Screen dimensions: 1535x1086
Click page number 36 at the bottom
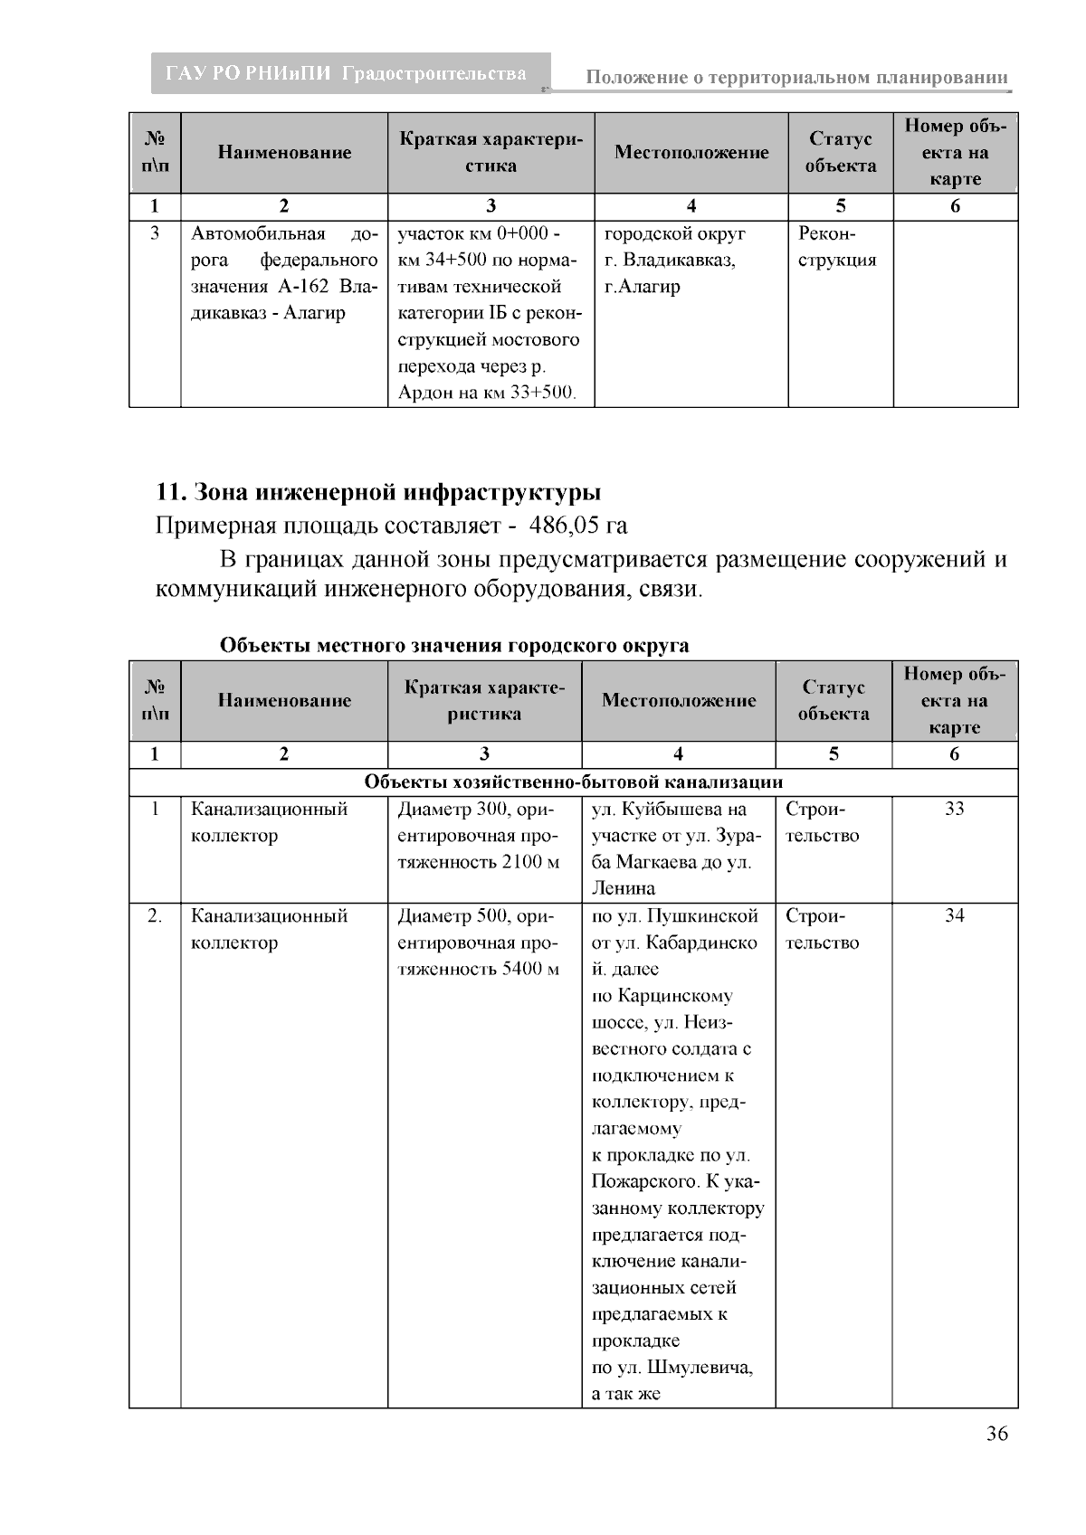996,1434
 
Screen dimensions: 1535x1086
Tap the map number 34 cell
954,915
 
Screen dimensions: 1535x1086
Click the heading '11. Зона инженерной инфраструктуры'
378,492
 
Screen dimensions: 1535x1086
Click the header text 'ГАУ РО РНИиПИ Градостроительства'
346,74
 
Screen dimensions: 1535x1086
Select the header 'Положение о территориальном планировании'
795,78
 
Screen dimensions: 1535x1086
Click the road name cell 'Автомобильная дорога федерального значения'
283,273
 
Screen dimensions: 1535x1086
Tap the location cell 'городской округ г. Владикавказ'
674,247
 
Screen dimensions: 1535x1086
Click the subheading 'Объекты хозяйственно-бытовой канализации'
573,782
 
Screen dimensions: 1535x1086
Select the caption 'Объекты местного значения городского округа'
453,646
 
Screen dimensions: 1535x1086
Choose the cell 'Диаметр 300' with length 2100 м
483,835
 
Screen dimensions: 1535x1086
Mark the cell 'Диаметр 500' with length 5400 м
483,942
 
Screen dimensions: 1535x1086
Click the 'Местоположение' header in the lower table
678,700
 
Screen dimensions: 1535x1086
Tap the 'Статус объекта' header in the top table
840,152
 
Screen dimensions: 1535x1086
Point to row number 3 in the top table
155,233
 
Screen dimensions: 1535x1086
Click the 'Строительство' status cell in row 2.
822,929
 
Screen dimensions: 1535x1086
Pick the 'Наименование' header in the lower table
283,700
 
